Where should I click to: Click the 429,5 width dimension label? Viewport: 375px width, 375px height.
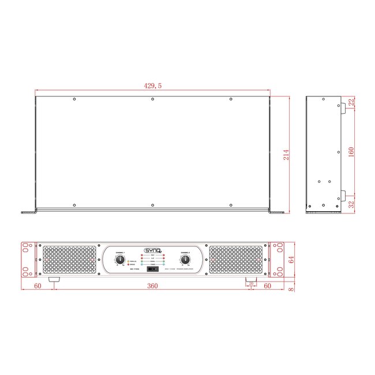(152, 85)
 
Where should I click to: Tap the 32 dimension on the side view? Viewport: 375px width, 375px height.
(351, 204)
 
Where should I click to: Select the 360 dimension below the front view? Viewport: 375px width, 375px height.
(152, 286)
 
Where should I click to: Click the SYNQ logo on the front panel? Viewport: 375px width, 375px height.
(152, 250)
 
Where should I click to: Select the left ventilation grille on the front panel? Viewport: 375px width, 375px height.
(69, 260)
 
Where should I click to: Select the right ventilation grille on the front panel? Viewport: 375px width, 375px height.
(236, 260)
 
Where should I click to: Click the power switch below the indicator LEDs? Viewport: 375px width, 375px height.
(152, 269)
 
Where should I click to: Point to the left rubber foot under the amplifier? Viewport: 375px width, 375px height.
(55, 280)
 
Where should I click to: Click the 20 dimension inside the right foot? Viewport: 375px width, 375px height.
(251, 283)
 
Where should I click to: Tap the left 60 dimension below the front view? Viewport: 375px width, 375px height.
(37, 286)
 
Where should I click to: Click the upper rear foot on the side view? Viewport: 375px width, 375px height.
(342, 107)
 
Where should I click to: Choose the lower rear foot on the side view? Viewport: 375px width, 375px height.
(342, 194)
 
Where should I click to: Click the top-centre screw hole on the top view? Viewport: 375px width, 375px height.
(152, 99)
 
